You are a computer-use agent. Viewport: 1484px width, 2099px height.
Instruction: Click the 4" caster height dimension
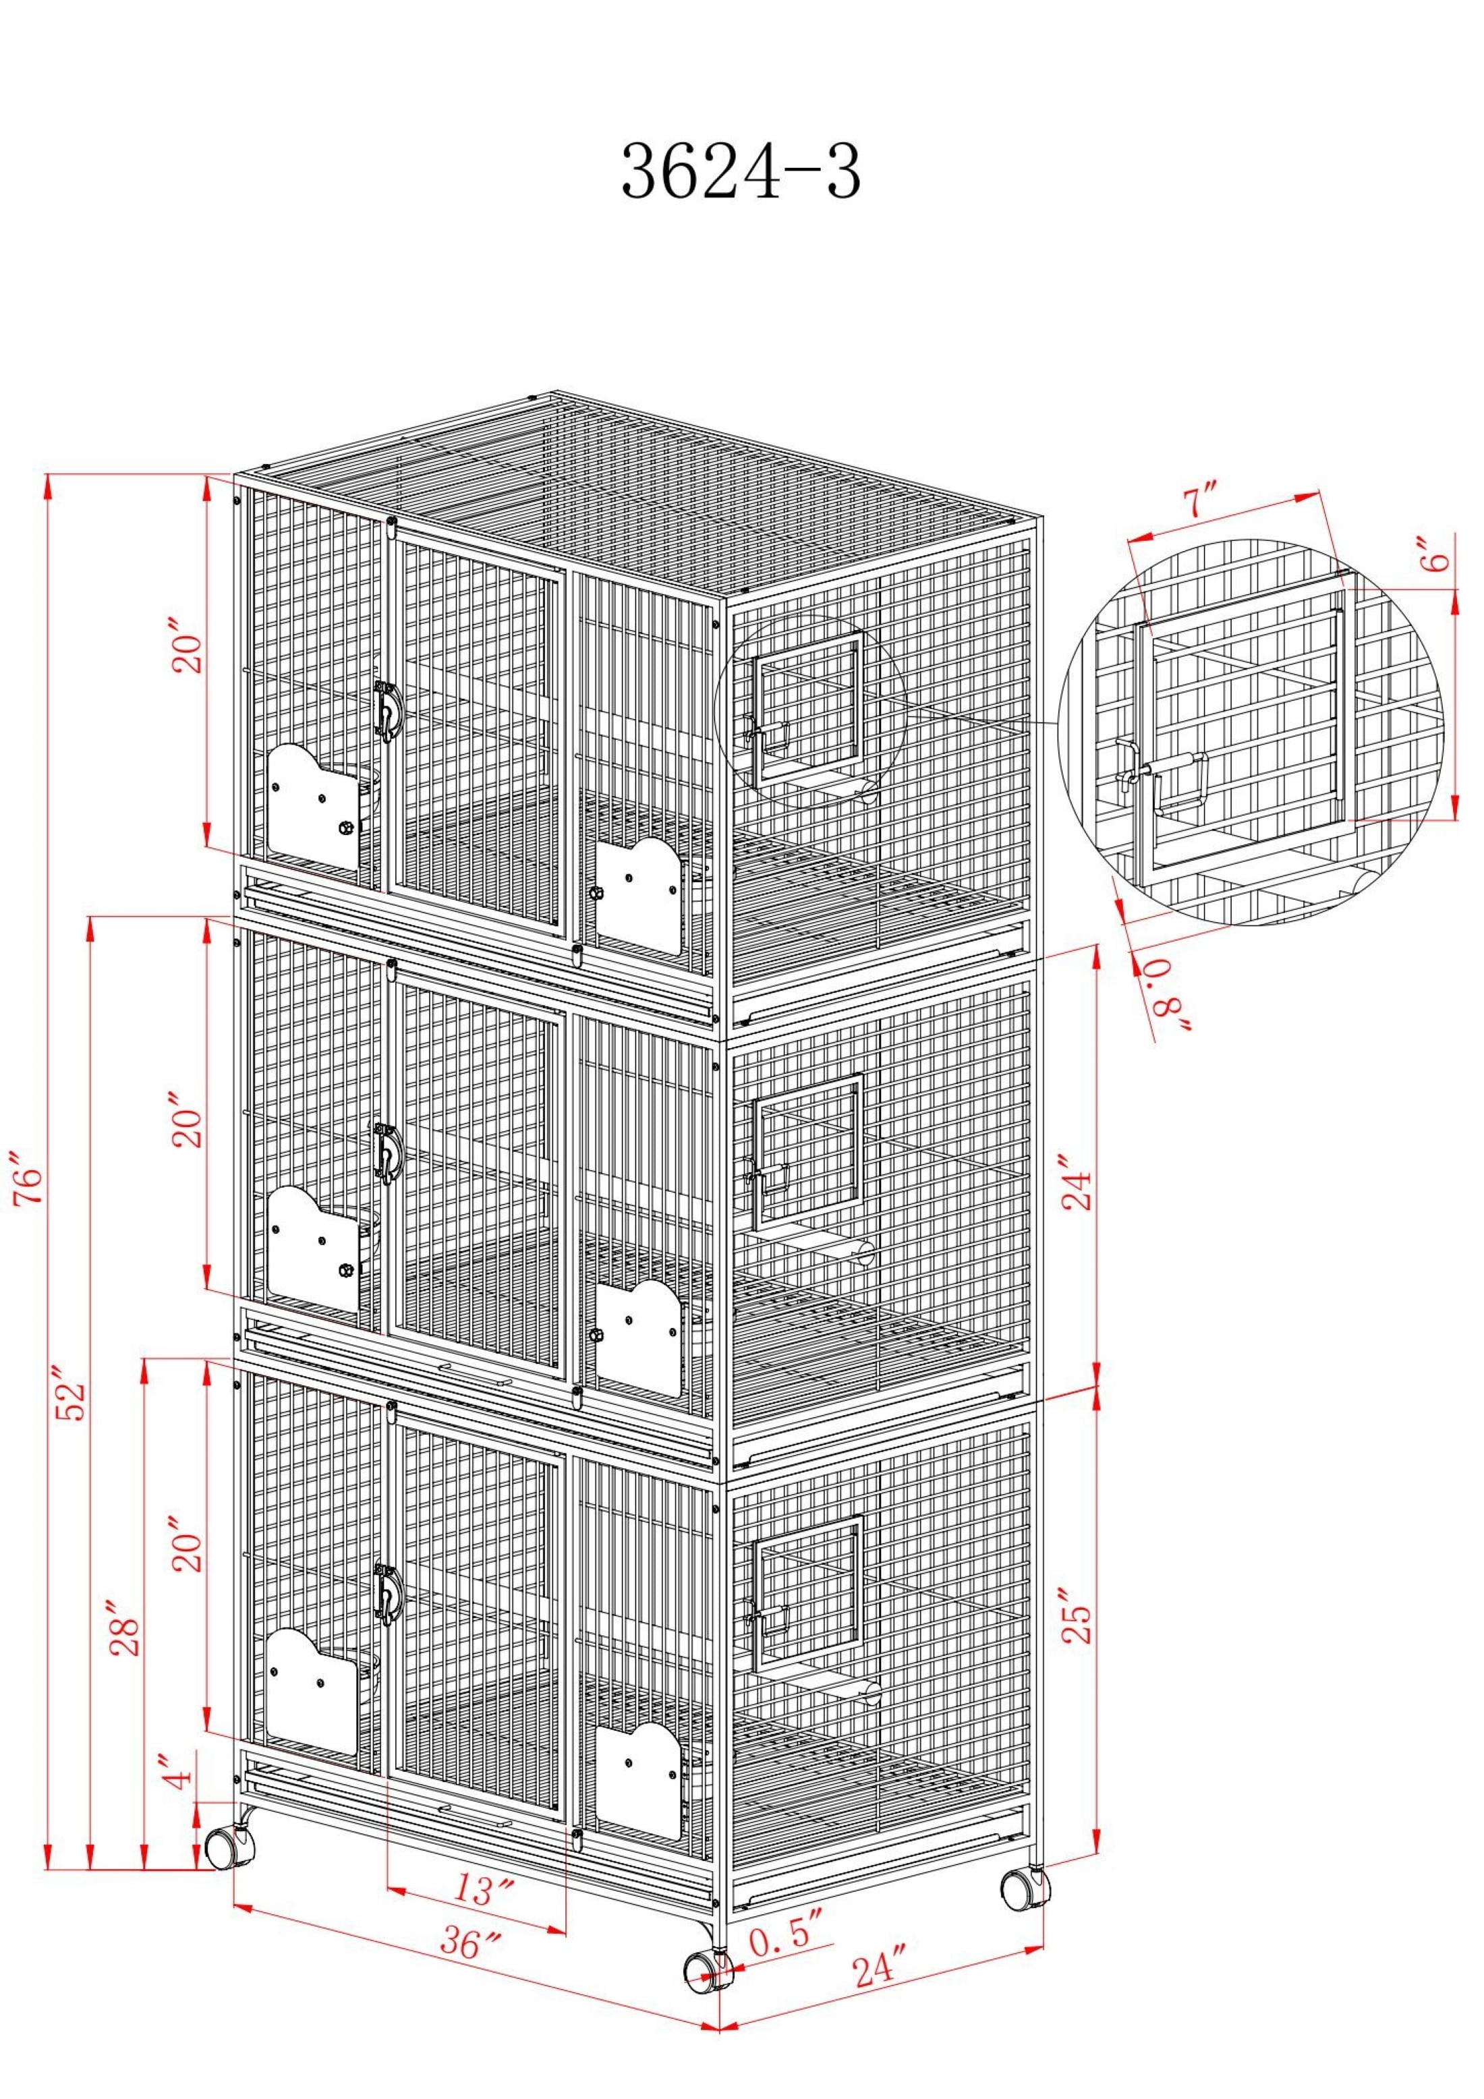click(x=180, y=1772)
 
